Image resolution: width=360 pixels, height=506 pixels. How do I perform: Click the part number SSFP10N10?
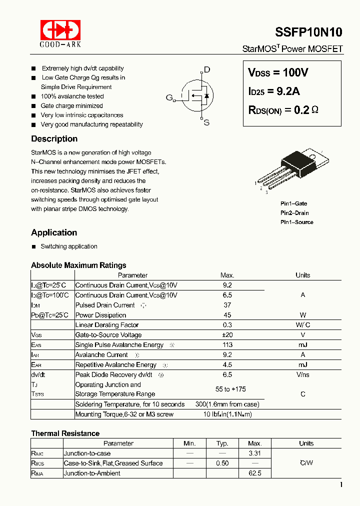[x=308, y=32]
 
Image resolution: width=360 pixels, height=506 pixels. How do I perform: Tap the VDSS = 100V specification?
[x=278, y=72]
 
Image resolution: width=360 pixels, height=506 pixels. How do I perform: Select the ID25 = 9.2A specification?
[x=274, y=91]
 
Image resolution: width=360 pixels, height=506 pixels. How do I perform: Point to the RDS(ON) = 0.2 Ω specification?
[x=283, y=110]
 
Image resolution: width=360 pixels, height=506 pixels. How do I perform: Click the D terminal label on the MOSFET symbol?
[x=207, y=70]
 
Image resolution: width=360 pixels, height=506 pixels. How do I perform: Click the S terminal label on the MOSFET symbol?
[x=206, y=122]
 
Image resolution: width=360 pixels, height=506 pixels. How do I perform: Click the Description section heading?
[x=54, y=139]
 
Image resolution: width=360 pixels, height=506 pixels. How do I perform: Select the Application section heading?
[x=54, y=232]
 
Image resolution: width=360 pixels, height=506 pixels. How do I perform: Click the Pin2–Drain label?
[x=294, y=213]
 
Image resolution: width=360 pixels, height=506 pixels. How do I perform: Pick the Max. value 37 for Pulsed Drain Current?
[x=227, y=305]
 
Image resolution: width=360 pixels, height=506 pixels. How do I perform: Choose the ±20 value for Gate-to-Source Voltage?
[x=227, y=335]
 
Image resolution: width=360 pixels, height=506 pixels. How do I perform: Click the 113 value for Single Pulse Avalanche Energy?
[x=227, y=345]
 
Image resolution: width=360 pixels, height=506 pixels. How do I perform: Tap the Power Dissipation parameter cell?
[x=100, y=315]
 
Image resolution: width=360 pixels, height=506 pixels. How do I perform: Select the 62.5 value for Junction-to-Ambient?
[x=254, y=473]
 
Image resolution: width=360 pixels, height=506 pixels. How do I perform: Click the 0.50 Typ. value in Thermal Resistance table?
[x=222, y=463]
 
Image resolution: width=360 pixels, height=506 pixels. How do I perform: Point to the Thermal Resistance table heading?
[x=65, y=433]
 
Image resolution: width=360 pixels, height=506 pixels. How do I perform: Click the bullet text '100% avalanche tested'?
[x=72, y=96]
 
